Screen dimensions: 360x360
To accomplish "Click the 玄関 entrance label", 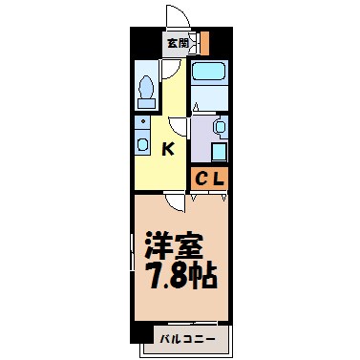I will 178,43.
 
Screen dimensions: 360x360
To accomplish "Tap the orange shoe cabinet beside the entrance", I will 203,43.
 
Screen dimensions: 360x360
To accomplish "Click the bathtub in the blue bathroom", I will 208,74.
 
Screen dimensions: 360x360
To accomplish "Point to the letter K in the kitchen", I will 167,148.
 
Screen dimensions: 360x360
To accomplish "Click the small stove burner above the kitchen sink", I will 141,123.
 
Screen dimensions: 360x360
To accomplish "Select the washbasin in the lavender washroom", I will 219,126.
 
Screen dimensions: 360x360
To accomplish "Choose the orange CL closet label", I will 210,178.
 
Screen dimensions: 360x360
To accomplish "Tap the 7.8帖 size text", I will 180,277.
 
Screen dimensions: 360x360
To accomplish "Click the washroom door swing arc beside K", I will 179,126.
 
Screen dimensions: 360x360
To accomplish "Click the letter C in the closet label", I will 201,178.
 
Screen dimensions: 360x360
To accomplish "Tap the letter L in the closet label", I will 219,178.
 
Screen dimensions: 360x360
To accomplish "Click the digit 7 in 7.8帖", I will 152,277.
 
